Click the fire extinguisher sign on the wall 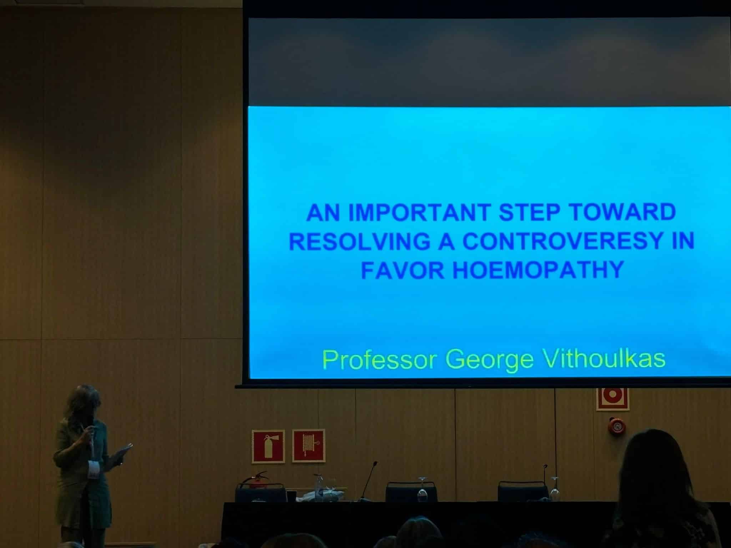point(268,446)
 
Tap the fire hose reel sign point(309,446)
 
